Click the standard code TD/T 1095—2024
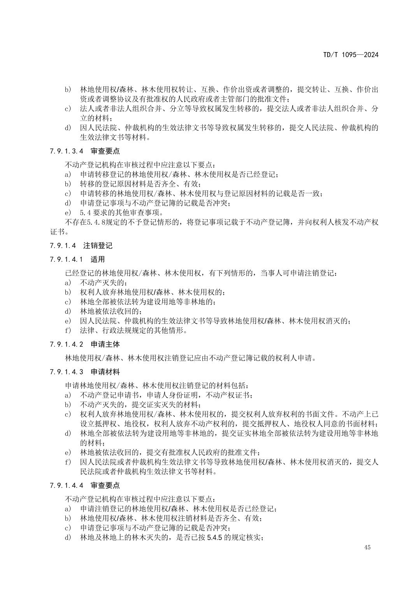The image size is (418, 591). (x=350, y=55)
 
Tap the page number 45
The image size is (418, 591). (x=367, y=547)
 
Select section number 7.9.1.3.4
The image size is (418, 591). (x=67, y=151)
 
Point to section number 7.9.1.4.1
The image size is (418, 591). (x=67, y=259)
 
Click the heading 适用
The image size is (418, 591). (x=98, y=259)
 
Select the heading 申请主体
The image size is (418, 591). (x=105, y=344)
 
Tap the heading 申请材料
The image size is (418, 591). (x=105, y=372)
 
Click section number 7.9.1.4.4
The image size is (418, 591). (x=67, y=485)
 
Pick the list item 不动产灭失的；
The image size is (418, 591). (x=104, y=283)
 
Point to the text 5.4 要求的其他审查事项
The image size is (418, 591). (x=121, y=213)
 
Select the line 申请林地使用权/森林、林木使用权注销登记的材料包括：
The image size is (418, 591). (x=156, y=385)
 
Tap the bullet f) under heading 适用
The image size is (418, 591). (x=68, y=330)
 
